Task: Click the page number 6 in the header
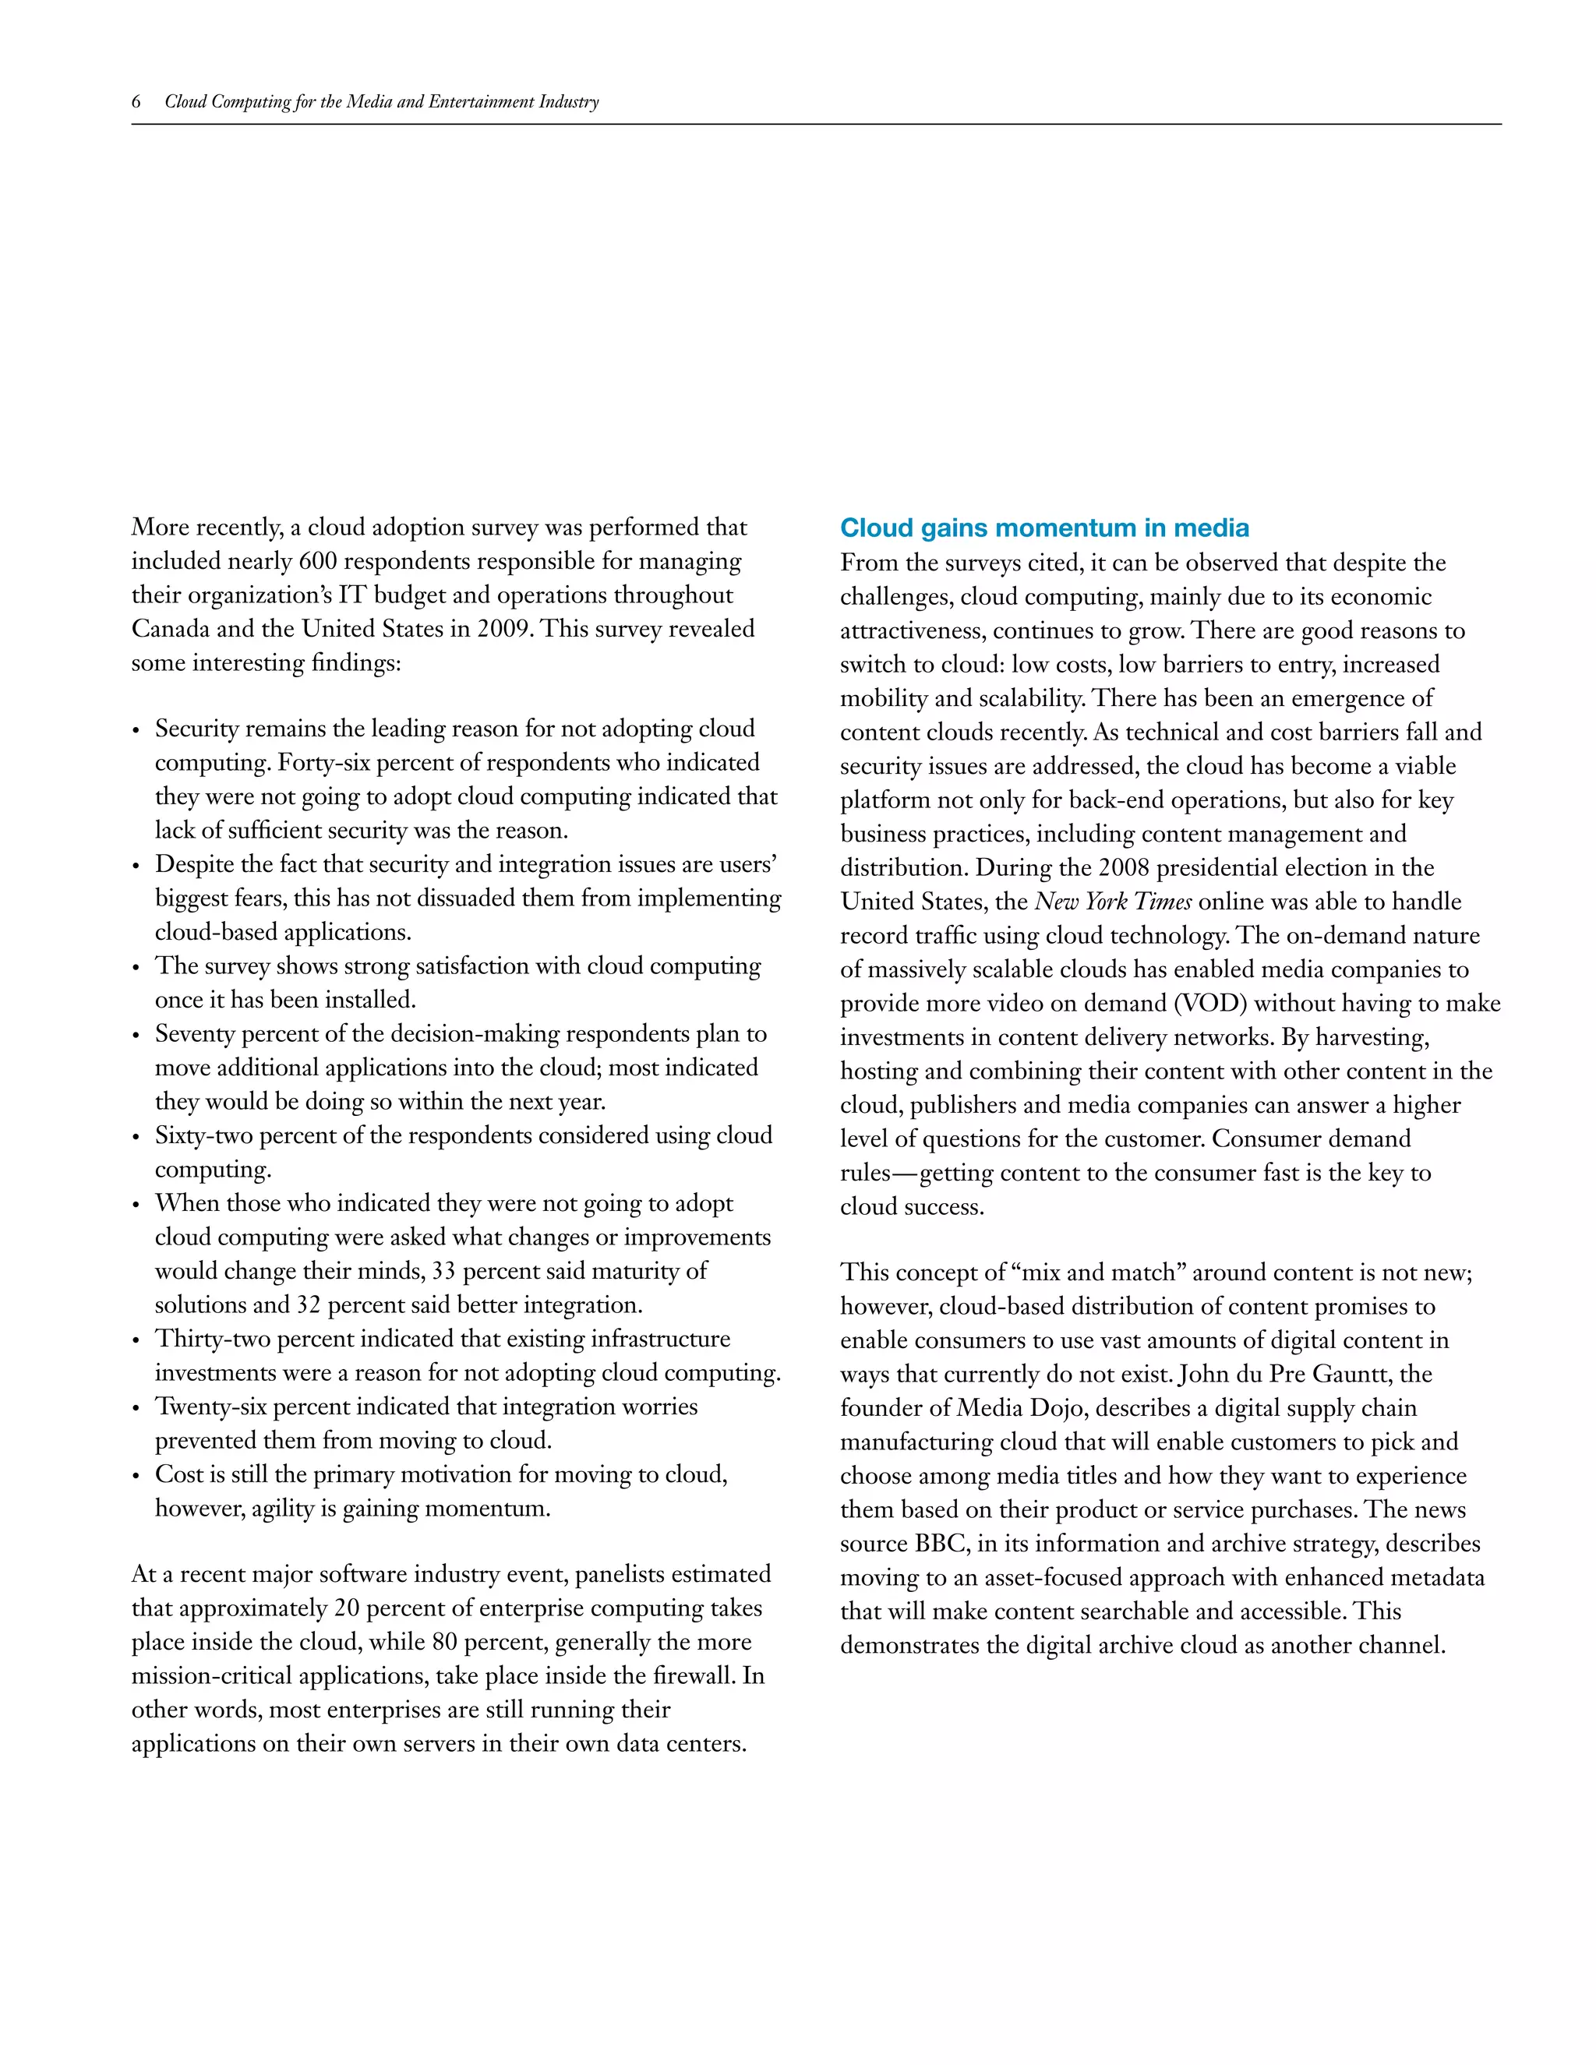pos(136,102)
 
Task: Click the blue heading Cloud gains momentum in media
pos(1043,528)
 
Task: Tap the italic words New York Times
pos(1113,902)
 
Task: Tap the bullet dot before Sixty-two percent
pos(136,1136)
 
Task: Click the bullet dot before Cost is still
pos(136,1476)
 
